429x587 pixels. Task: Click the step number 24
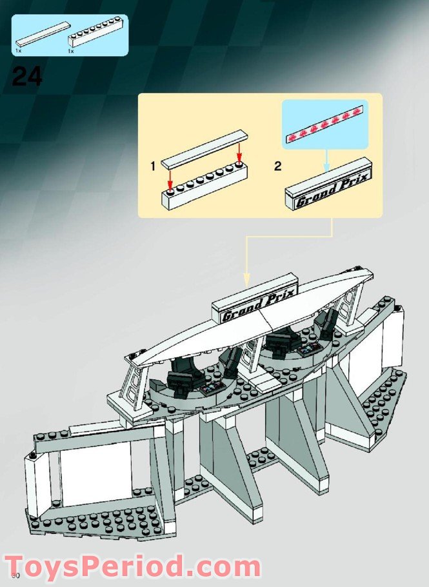[x=27, y=77]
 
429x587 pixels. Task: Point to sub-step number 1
[x=153, y=166]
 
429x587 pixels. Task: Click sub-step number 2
[x=277, y=166]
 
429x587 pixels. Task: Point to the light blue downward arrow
[x=326, y=161]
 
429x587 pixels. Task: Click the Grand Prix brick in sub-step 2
[x=329, y=186]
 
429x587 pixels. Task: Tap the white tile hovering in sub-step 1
[x=205, y=148]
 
